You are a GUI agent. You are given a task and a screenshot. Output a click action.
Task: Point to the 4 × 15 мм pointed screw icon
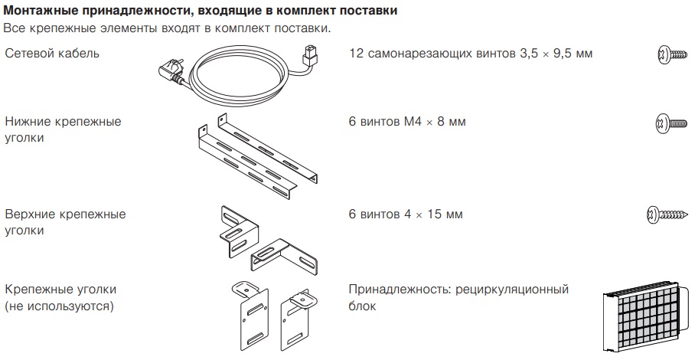(x=665, y=214)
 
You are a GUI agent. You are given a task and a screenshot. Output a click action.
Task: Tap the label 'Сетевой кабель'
(x=51, y=54)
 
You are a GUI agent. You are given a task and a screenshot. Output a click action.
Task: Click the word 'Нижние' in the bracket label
(x=31, y=122)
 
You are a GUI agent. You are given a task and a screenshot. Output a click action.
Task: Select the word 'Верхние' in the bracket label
(x=34, y=214)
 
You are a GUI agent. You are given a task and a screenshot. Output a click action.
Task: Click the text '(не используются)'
(x=59, y=306)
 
